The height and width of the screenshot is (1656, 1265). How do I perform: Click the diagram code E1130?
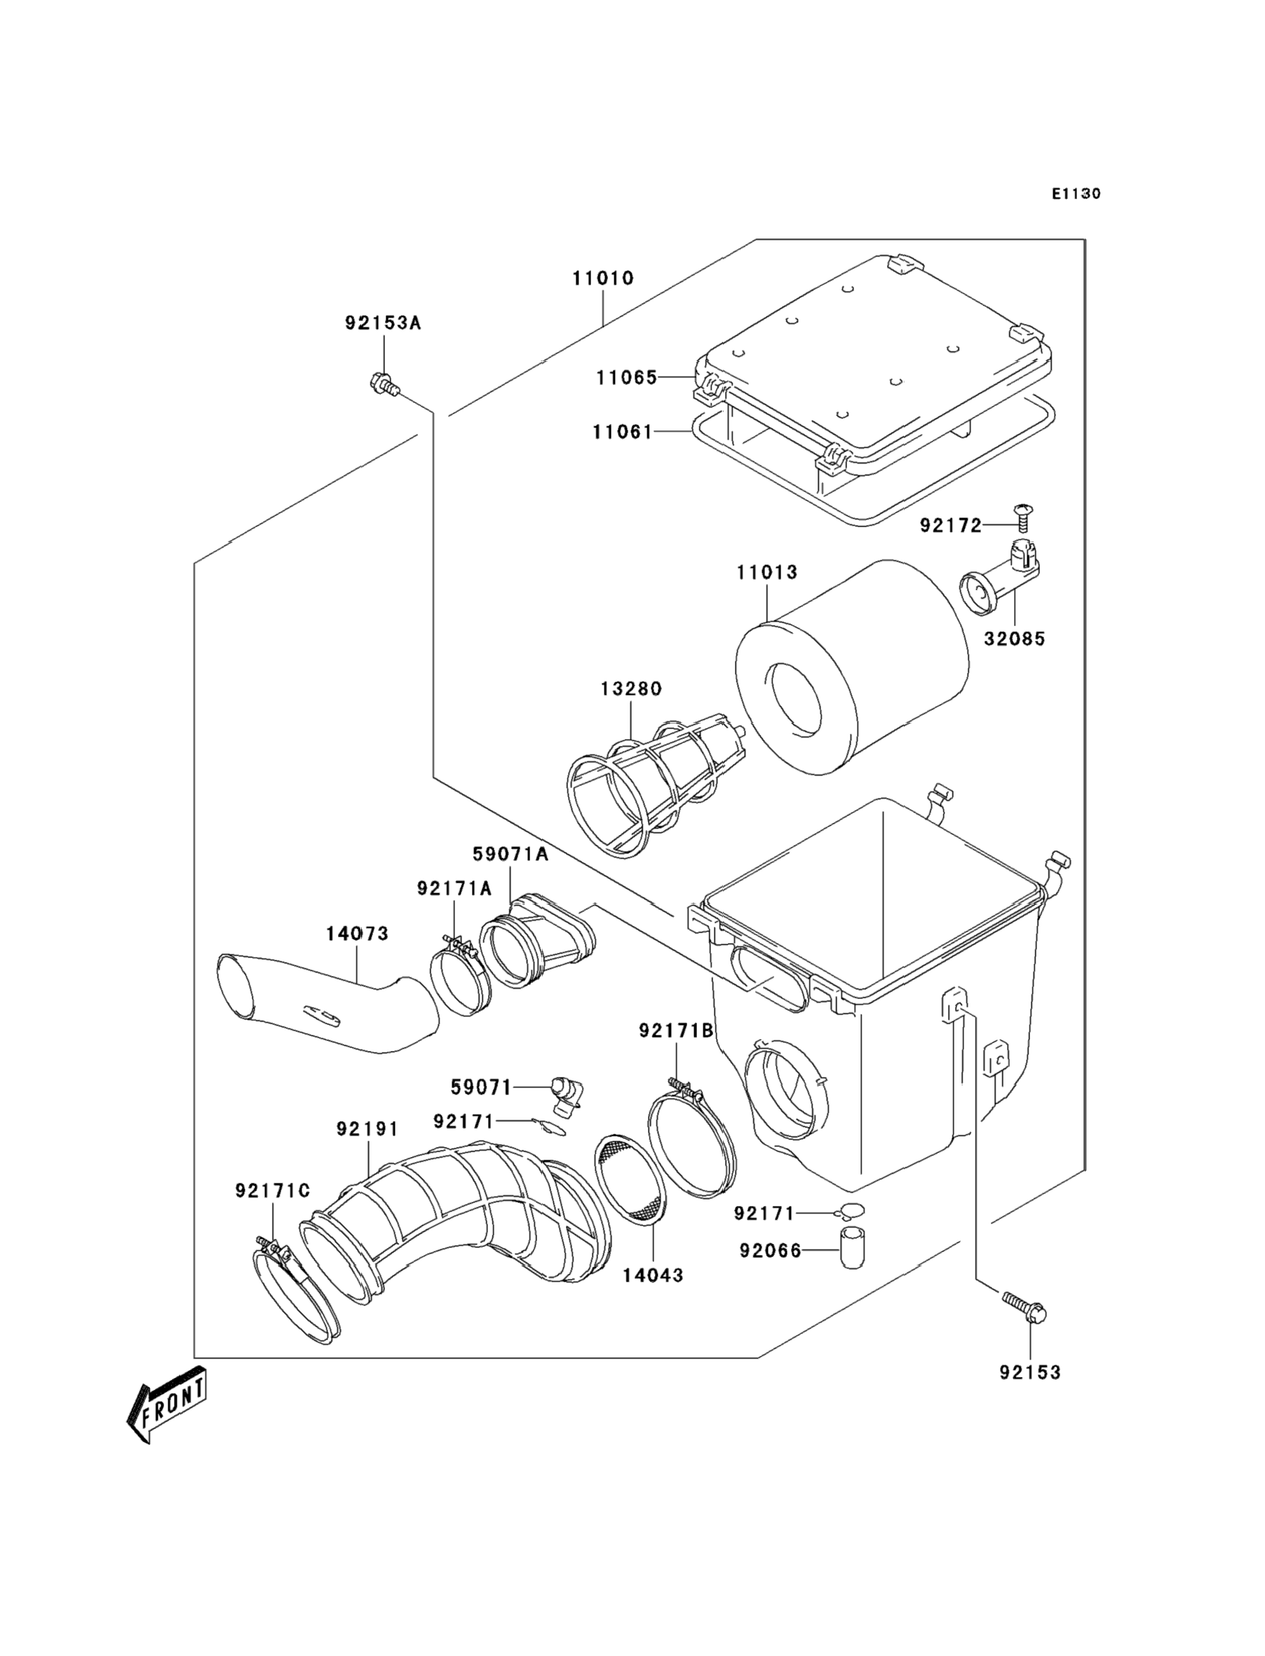click(1076, 194)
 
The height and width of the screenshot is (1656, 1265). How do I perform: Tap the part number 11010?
click(602, 278)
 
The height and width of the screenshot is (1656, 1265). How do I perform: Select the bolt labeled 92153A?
click(384, 384)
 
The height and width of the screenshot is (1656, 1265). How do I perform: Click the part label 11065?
click(626, 378)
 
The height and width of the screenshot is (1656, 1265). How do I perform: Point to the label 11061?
click(623, 433)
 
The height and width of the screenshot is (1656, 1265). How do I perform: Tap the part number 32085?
click(1014, 639)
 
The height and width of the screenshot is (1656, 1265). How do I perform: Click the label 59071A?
click(510, 855)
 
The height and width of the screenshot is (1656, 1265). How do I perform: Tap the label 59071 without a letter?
click(480, 1087)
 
